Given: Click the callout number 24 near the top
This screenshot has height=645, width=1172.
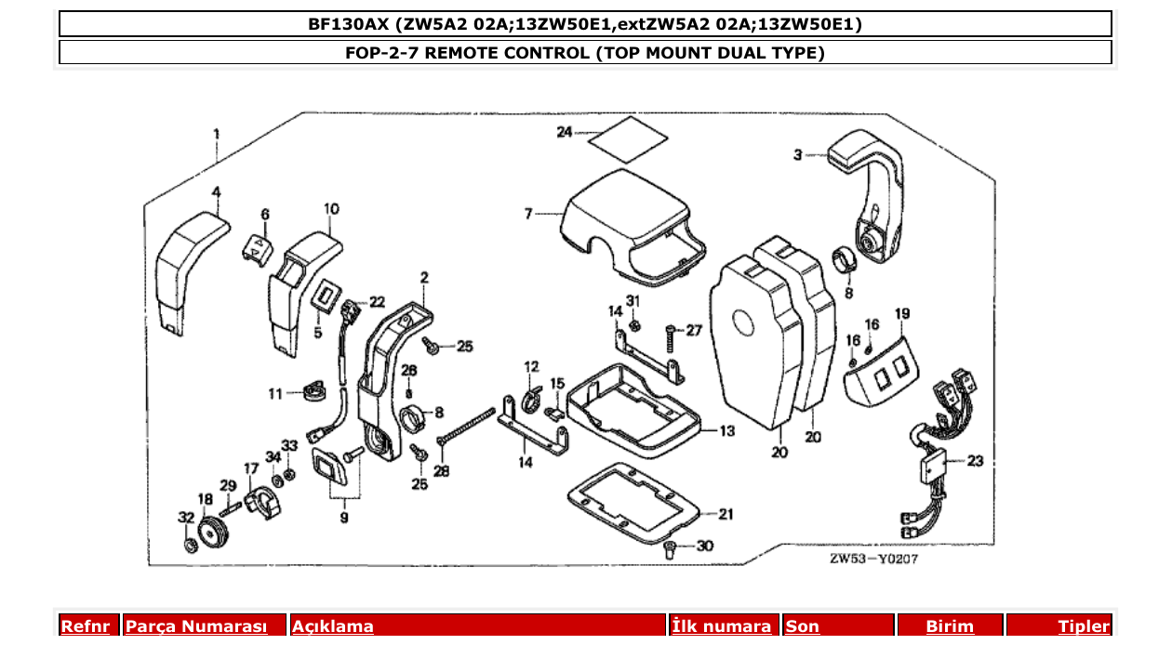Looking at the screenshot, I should (565, 133).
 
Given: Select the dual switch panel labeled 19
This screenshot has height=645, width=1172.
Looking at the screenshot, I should (880, 371).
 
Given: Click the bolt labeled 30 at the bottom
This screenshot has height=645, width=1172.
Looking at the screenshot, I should (671, 550).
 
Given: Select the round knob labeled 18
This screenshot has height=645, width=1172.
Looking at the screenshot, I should (212, 536).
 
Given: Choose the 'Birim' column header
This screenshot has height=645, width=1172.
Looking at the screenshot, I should (949, 626).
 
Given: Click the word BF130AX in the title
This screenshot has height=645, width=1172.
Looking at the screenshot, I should (342, 24).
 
